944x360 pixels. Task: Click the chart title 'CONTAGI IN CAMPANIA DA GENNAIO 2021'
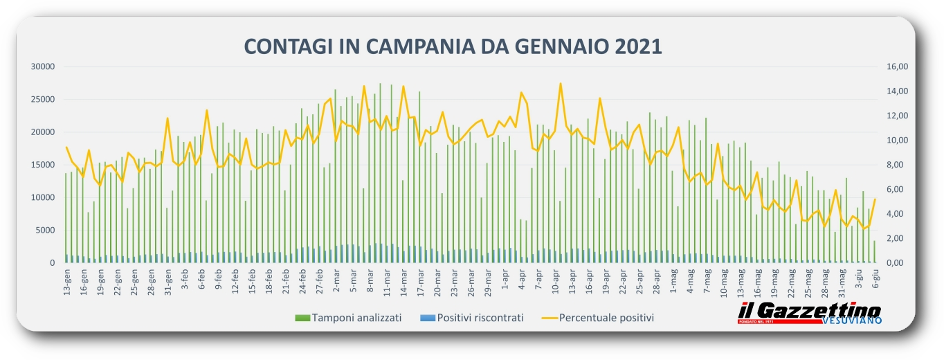453,46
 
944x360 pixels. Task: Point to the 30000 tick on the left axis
43,66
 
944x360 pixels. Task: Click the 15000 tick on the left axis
43,165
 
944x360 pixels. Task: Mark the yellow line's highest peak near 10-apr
561,83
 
